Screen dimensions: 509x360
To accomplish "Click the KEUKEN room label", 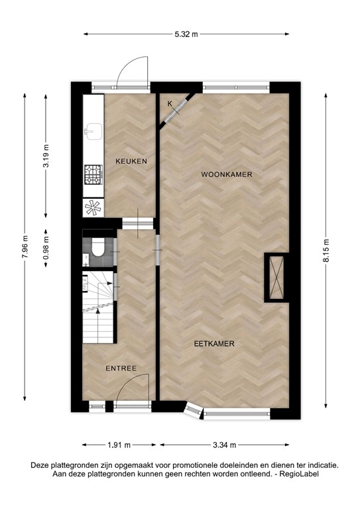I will point(131,161).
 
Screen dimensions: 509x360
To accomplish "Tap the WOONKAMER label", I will point(227,174).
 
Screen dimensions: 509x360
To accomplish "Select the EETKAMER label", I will point(215,343).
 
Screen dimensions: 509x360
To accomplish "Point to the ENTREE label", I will point(121,368).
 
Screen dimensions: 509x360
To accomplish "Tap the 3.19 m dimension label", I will point(46,156).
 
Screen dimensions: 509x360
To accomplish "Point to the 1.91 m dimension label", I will point(119,445).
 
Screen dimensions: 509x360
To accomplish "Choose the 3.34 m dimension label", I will point(223,445).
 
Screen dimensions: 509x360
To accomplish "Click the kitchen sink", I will point(92,131).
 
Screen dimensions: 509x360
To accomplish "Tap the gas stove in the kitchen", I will point(92,174).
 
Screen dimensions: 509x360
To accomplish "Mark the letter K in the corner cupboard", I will point(170,104).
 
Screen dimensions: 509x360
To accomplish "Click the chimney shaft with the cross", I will point(276,277).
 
